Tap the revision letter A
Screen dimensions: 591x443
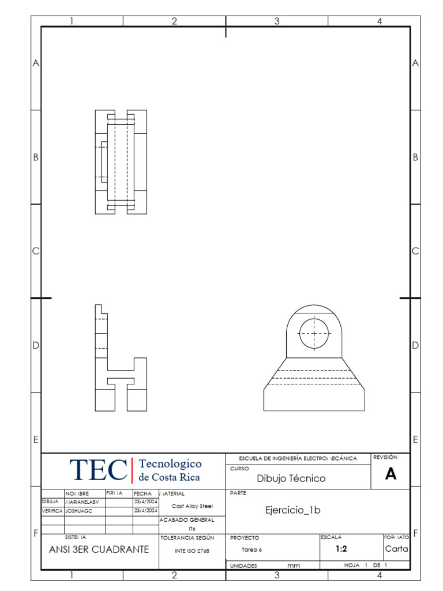click(391, 474)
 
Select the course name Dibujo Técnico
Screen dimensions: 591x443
click(291, 478)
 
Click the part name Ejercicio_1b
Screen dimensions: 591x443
click(292, 510)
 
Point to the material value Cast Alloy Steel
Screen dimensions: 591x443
click(192, 506)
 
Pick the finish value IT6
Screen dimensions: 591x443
click(192, 529)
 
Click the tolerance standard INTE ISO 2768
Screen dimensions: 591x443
click(192, 551)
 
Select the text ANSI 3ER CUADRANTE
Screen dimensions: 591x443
click(99, 549)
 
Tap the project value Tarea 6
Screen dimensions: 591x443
click(251, 550)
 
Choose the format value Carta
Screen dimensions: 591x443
click(396, 549)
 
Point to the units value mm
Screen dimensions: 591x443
click(294, 566)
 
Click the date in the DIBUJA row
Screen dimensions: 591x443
click(145, 502)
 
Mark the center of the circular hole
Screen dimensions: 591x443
click(314, 333)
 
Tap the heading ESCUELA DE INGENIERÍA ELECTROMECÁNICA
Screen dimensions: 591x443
click(298, 458)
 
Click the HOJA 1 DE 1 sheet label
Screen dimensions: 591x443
click(365, 566)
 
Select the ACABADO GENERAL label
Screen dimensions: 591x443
click(186, 520)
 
